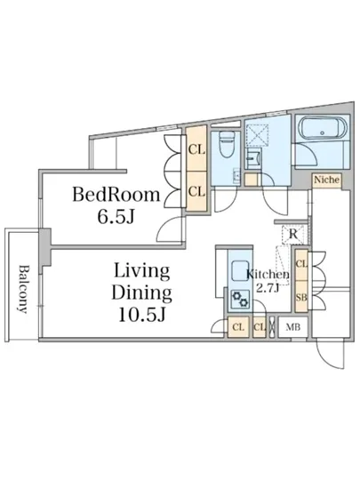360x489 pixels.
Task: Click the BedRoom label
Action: point(116,195)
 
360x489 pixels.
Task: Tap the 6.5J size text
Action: point(116,216)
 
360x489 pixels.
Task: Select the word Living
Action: point(142,272)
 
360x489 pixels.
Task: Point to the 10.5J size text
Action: point(141,315)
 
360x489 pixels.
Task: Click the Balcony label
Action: point(23,289)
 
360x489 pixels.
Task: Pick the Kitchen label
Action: point(268,275)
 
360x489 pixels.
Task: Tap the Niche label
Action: point(326,180)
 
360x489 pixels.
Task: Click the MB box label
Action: point(293,327)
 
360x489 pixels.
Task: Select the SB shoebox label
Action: point(301,298)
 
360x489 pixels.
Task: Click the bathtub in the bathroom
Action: point(323,129)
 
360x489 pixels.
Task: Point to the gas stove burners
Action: point(240,299)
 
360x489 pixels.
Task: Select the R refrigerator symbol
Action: point(292,234)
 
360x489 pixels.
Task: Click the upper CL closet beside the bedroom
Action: point(196,148)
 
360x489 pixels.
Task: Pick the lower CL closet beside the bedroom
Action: point(196,191)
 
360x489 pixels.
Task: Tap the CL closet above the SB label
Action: point(301,265)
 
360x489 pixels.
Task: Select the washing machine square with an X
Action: point(257,136)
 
